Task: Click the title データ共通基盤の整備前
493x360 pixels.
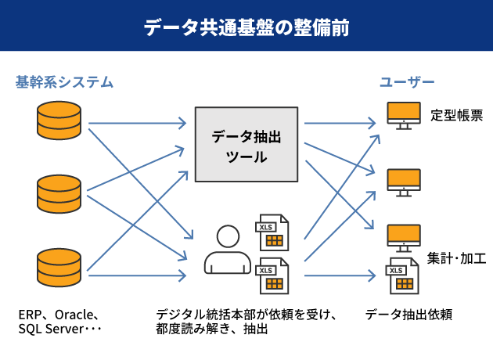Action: [x=246, y=27]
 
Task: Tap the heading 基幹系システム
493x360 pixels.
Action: [x=64, y=82]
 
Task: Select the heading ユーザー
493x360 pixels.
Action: [x=407, y=82]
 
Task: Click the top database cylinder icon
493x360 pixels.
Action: [x=59, y=120]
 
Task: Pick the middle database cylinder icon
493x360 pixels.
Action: [x=59, y=194]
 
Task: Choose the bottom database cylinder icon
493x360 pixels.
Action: [x=59, y=268]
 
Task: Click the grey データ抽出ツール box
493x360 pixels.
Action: [x=246, y=144]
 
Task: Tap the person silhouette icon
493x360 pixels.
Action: [x=228, y=250]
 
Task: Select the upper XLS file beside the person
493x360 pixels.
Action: [x=272, y=232]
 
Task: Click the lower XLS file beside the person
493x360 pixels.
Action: [x=272, y=275]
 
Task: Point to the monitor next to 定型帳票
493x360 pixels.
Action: [x=404, y=115]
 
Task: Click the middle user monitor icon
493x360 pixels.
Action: [x=404, y=182]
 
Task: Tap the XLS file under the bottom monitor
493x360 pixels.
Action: [x=402, y=275]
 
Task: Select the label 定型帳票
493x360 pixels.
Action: [x=456, y=115]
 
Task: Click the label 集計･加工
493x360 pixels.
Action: [x=456, y=258]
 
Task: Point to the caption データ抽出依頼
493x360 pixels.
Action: [x=408, y=315]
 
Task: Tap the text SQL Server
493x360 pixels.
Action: [x=51, y=329]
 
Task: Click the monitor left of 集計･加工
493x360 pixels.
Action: [x=404, y=239]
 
